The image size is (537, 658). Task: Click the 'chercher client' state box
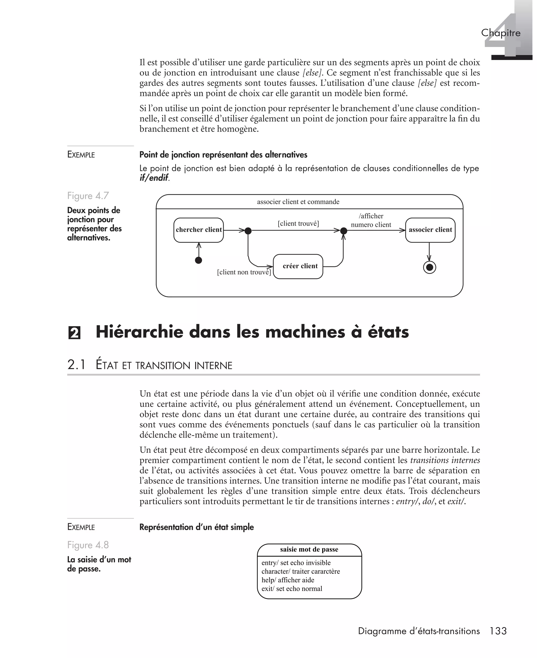click(x=198, y=230)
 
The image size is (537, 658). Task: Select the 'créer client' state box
click(x=298, y=266)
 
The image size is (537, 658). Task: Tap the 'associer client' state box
click(x=430, y=230)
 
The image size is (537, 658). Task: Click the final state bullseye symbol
click(x=429, y=267)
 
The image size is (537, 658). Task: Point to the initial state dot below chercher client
click(x=198, y=260)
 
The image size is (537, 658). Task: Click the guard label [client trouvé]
click(x=298, y=224)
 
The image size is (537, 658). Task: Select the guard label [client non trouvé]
click(x=244, y=272)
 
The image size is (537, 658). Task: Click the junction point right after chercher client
click(x=248, y=231)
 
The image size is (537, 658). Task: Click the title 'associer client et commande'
click(x=298, y=202)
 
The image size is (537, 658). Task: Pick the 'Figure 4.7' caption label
click(x=88, y=196)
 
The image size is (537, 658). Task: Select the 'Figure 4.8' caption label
click(x=88, y=545)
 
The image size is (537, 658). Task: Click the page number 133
click(x=498, y=631)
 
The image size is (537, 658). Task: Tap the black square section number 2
click(x=74, y=333)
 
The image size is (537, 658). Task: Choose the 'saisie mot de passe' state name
click(x=309, y=549)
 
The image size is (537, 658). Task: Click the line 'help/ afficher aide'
click(x=288, y=580)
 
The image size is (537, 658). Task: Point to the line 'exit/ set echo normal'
click(x=292, y=589)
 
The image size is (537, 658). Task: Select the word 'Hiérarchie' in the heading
click(x=139, y=332)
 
